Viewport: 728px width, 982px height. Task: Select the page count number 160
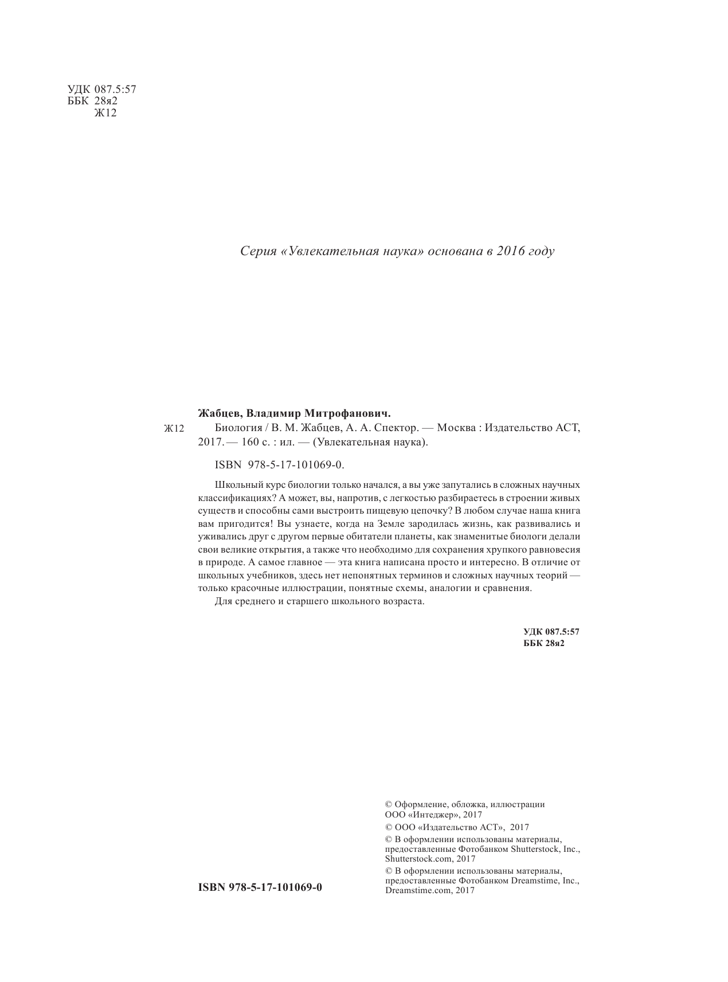(x=248, y=443)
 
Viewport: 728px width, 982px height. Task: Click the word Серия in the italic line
(x=256, y=252)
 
